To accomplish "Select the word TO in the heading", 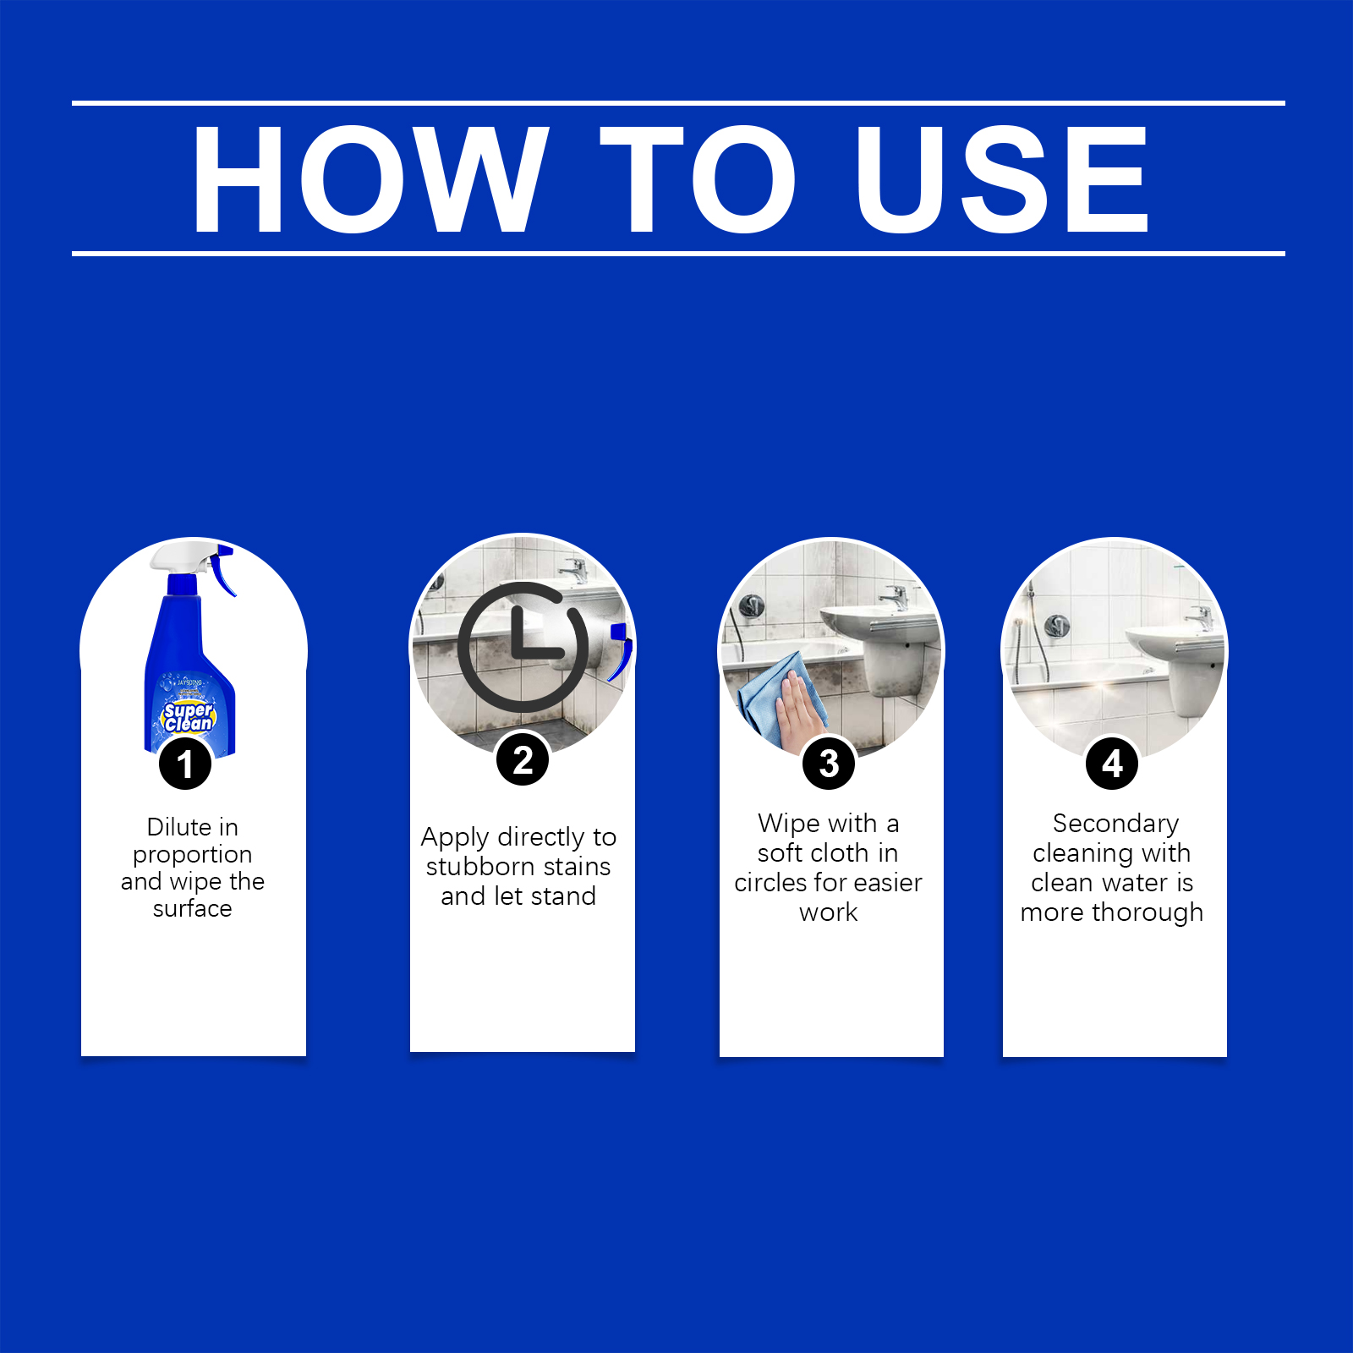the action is [x=698, y=178].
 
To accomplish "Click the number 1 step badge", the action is [x=185, y=764].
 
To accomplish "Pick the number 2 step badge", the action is [x=523, y=759].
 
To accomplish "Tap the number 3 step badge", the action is [x=829, y=763].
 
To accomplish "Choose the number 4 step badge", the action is [x=1112, y=763].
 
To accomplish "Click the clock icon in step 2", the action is [x=523, y=647].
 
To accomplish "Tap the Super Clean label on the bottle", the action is [x=189, y=716].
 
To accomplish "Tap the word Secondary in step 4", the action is [x=1115, y=823].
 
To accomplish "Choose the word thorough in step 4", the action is [x=1148, y=912].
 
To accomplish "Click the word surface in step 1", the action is [x=192, y=908].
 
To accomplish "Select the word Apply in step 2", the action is [x=455, y=837].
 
